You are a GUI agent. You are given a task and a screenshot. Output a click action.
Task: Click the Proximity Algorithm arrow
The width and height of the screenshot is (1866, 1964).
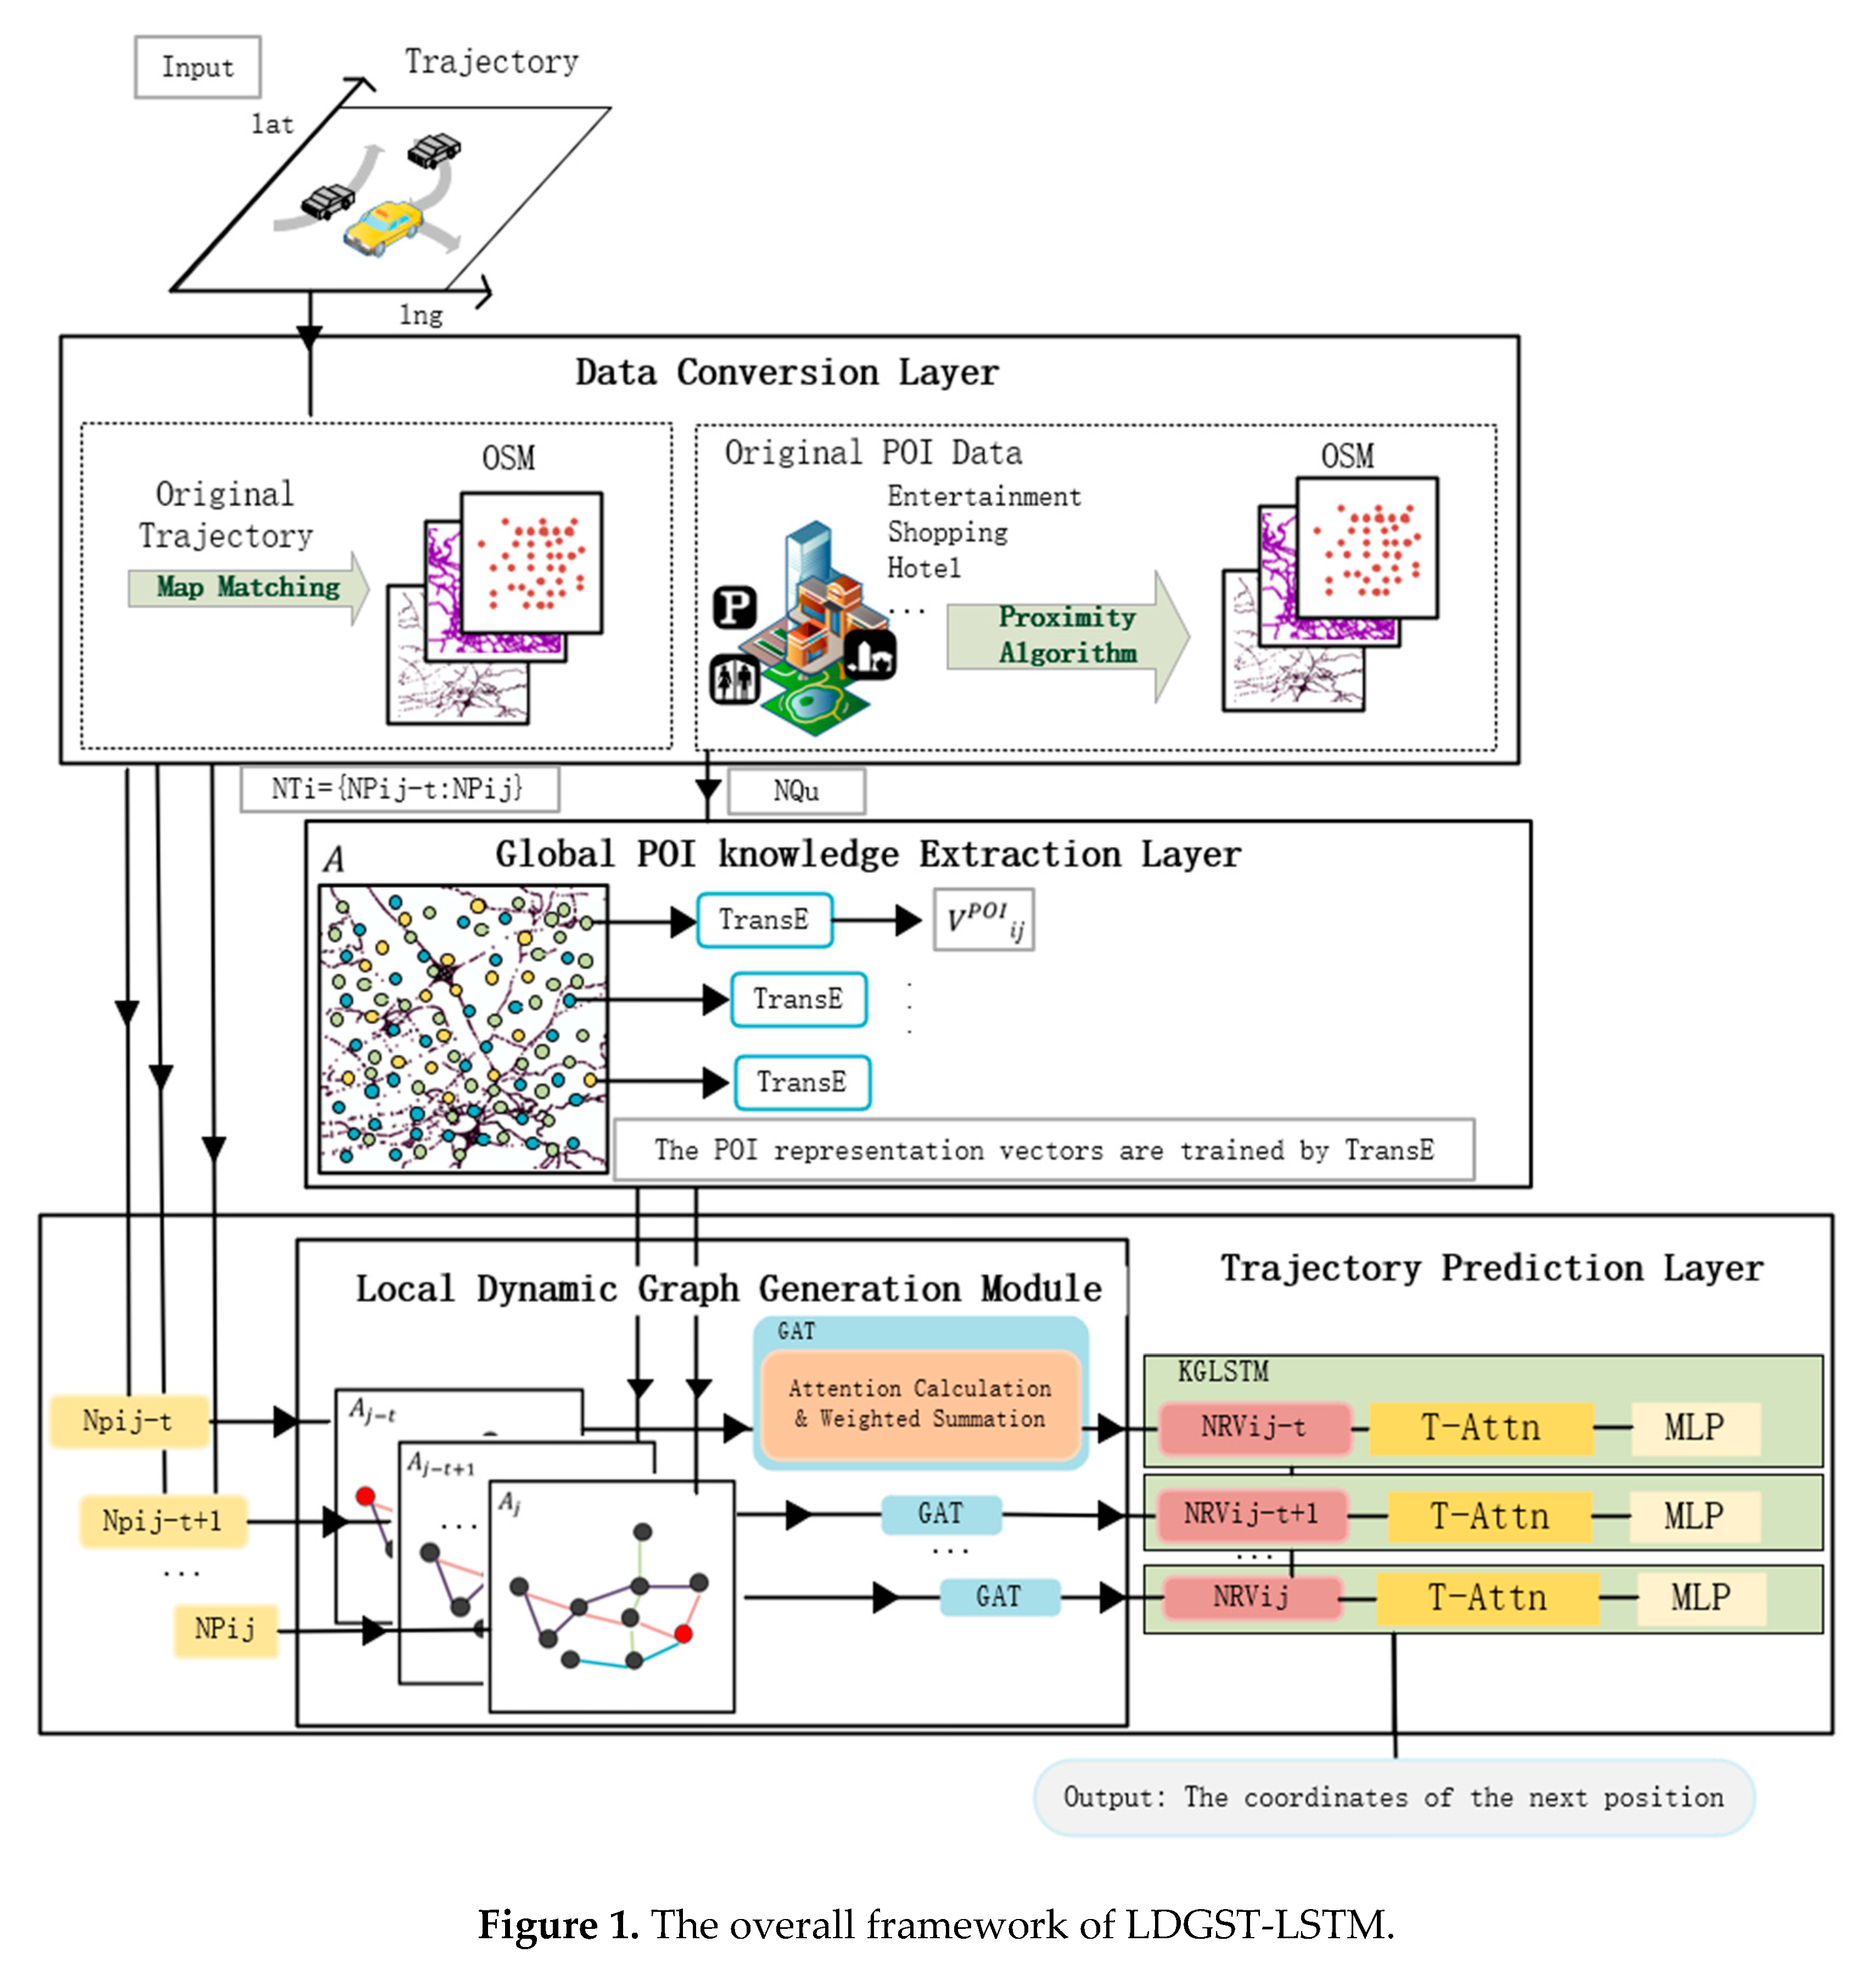pyautogui.click(x=1066, y=635)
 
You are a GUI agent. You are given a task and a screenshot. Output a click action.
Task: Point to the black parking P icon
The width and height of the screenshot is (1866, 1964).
pyautogui.click(x=735, y=606)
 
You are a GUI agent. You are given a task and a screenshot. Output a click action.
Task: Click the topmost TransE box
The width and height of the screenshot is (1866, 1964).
pyautogui.click(x=763, y=920)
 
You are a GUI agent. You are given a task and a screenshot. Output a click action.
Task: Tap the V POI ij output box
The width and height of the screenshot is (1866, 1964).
pyautogui.click(x=983, y=920)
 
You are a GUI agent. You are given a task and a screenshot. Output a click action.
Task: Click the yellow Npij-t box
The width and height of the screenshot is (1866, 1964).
pyautogui.click(x=128, y=1421)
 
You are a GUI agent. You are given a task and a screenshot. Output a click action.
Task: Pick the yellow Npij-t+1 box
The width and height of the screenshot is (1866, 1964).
pyautogui.click(x=162, y=1521)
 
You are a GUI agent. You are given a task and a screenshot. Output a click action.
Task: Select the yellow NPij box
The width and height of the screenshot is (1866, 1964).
pyautogui.click(x=225, y=1629)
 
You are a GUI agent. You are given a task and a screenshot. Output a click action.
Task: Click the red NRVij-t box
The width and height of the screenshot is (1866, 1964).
pyautogui.click(x=1253, y=1427)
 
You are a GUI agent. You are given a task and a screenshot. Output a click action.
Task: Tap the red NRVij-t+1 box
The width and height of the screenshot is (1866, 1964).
pyautogui.click(x=1250, y=1515)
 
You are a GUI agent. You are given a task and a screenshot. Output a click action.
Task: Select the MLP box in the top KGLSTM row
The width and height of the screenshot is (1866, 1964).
pyautogui.click(x=1694, y=1427)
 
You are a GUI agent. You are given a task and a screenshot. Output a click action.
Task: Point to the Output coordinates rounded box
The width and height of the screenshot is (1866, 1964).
pyautogui.click(x=1393, y=1797)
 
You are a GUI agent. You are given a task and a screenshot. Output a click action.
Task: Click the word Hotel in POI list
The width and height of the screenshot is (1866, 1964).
pyautogui.click(x=923, y=568)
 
